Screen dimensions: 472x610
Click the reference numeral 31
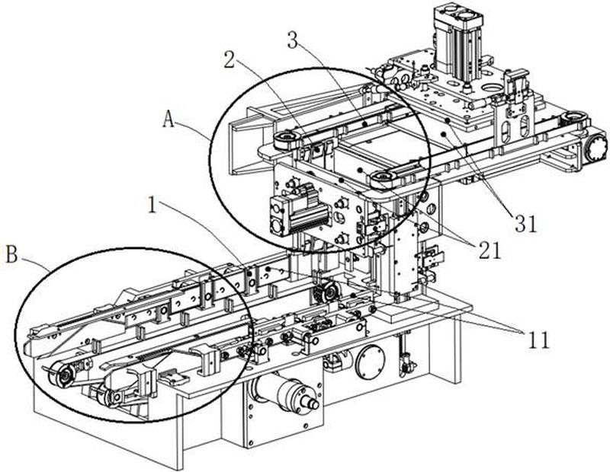(525, 223)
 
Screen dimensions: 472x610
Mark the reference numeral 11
(538, 340)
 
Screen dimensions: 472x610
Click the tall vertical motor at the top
(457, 42)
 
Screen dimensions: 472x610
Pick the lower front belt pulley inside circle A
(384, 179)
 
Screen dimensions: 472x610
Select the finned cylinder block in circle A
(289, 211)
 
